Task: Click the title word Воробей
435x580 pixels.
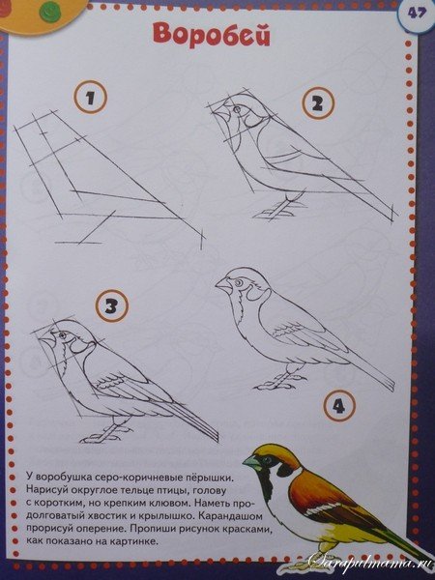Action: pos(210,35)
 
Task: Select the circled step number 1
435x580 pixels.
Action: pos(90,98)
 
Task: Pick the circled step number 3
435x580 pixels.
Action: pos(112,307)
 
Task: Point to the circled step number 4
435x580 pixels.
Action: pos(336,407)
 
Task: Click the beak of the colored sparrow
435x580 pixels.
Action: pos(249,463)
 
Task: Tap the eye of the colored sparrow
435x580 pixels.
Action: pos(267,458)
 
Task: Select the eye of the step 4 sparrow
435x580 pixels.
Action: pos(239,282)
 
